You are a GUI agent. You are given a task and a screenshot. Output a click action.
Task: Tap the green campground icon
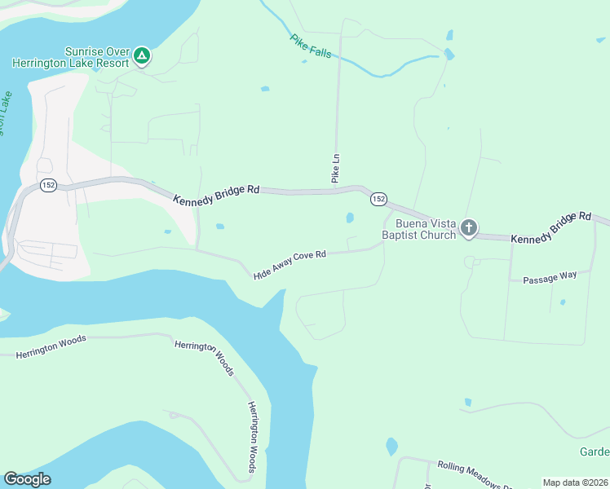(x=142, y=55)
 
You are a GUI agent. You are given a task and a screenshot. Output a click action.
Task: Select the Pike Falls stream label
(x=311, y=46)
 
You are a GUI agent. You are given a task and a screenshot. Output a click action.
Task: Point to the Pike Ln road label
(x=335, y=167)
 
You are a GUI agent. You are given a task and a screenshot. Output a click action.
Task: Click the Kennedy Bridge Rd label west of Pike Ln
(x=216, y=194)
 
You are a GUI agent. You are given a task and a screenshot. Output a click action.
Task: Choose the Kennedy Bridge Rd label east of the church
(x=550, y=227)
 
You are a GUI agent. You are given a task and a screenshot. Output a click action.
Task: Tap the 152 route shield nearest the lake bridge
(x=48, y=184)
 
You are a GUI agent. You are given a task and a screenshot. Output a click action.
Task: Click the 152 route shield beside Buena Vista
(x=378, y=199)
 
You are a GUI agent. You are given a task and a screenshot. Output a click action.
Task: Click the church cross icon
(x=469, y=228)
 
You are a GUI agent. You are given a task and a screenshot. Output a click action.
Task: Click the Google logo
(x=27, y=479)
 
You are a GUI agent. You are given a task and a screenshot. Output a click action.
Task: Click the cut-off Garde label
(x=595, y=452)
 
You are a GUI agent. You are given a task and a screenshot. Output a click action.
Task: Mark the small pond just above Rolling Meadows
(x=391, y=447)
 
